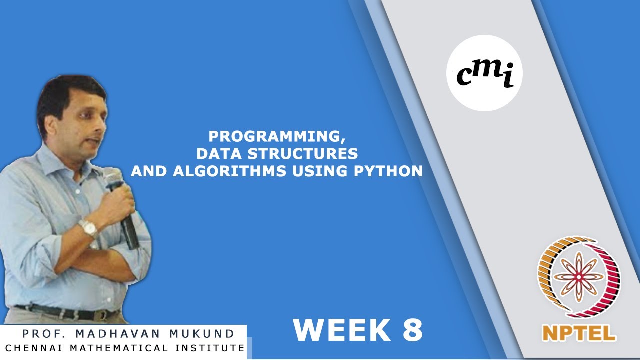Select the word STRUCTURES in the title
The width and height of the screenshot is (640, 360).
[x=302, y=153]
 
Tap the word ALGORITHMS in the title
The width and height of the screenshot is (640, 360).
[x=229, y=171]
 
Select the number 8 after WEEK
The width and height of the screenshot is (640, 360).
[x=412, y=330]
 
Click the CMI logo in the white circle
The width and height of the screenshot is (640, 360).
[x=485, y=73]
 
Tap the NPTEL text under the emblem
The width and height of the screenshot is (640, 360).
[x=579, y=333]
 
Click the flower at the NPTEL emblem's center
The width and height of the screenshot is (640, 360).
[x=579, y=276]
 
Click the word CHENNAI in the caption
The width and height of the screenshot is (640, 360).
[x=35, y=348]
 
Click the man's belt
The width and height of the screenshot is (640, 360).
[x=68, y=313]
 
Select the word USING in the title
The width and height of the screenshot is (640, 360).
[x=320, y=171]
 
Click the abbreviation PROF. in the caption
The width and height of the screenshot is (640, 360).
[x=45, y=333]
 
